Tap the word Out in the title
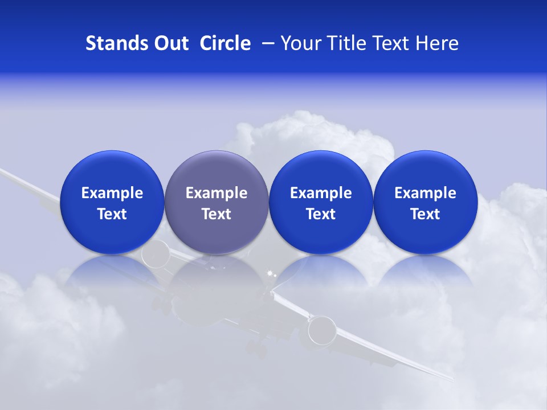(x=169, y=43)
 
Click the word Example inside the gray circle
(x=217, y=193)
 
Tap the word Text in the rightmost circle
(x=425, y=214)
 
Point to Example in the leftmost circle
(x=112, y=193)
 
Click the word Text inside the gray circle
(x=217, y=214)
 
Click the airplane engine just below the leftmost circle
(x=156, y=254)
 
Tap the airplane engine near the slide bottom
(x=321, y=330)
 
